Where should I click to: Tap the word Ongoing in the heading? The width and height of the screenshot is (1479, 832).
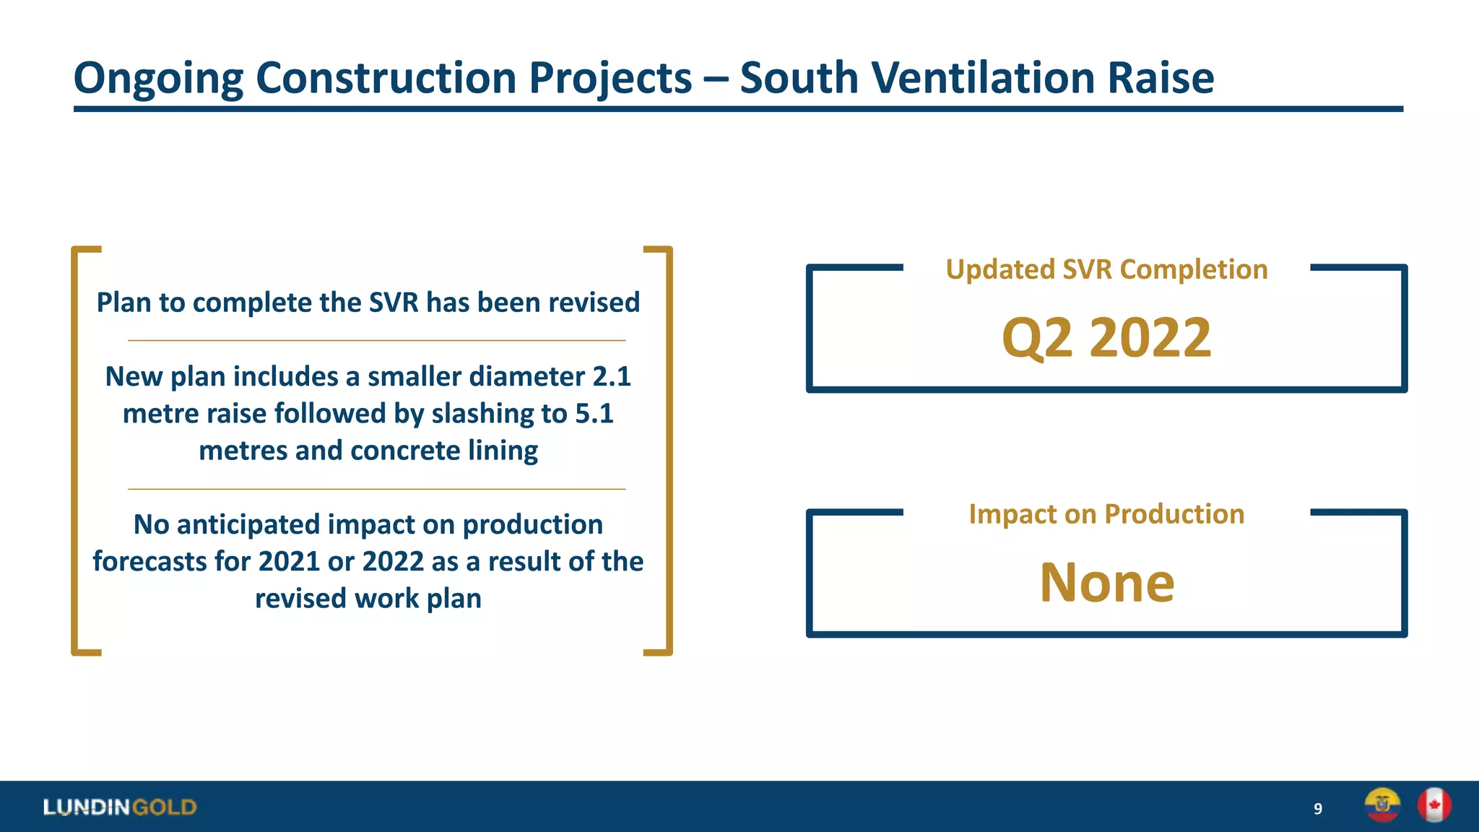tap(158, 79)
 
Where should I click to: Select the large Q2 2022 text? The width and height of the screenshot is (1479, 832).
tap(1106, 337)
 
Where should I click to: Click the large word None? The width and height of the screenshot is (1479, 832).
tap(1106, 582)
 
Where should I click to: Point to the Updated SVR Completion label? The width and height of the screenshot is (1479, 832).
tap(1106, 269)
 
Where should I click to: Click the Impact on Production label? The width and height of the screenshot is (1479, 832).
tap(1106, 514)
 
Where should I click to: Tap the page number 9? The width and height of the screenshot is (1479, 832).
tap(1317, 809)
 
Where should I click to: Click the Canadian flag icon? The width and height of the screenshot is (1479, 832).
tap(1434, 805)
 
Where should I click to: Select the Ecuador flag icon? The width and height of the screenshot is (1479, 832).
tap(1382, 805)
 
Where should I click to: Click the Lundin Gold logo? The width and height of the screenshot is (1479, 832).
tap(120, 807)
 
